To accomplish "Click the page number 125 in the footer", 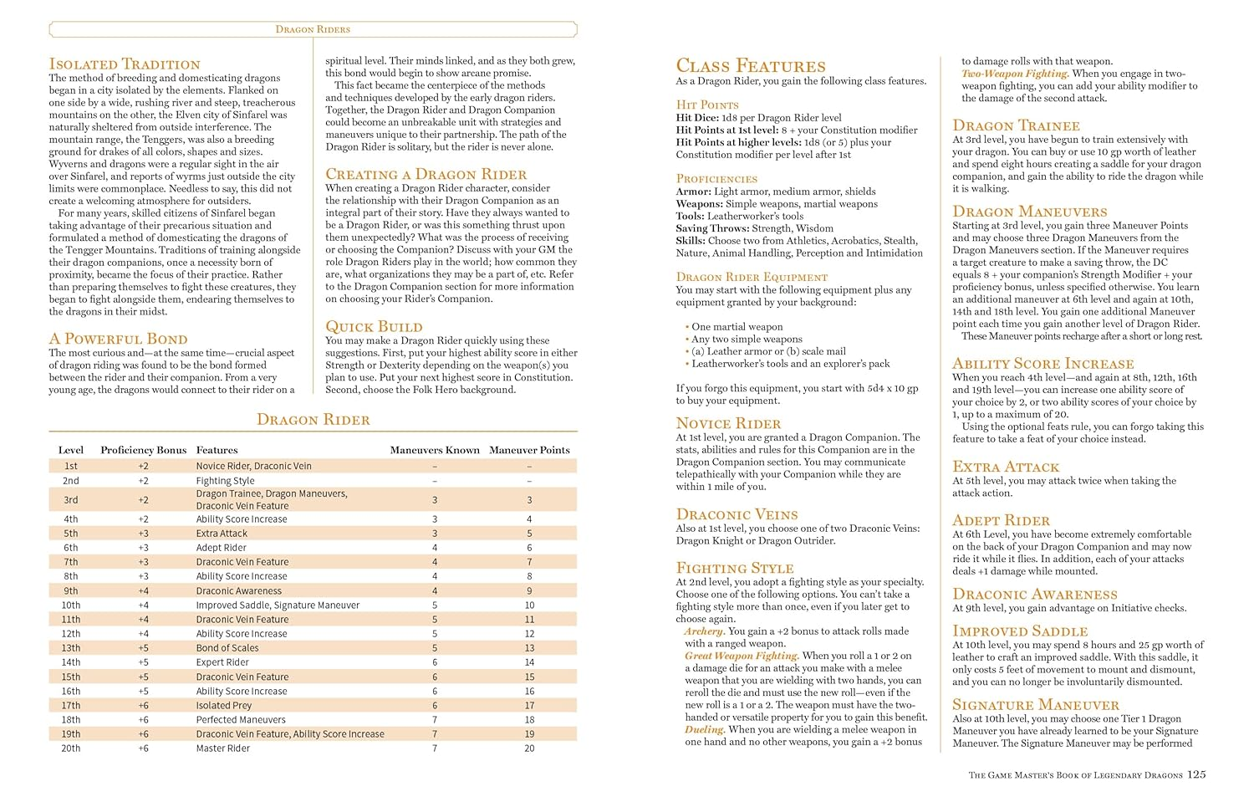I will (1196, 774).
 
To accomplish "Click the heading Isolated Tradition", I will (125, 64).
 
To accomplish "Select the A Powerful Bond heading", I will (118, 339).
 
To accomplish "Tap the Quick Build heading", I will (374, 326).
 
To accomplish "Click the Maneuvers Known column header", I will (435, 450).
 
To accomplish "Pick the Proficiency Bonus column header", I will (143, 450).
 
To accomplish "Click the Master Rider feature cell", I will (223, 748).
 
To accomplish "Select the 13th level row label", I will (71, 648).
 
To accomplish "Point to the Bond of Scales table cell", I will (227, 648).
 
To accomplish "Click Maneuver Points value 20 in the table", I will (529, 748).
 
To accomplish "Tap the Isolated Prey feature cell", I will (224, 706).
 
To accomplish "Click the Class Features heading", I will (750, 66).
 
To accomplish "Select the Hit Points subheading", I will (707, 105).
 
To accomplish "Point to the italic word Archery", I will (703, 631).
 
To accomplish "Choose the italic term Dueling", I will (704, 729).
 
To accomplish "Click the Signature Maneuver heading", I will (1036, 705).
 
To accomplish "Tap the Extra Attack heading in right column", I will (1006, 467).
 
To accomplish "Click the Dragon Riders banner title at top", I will (313, 29).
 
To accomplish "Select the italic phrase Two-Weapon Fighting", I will (1015, 74).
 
